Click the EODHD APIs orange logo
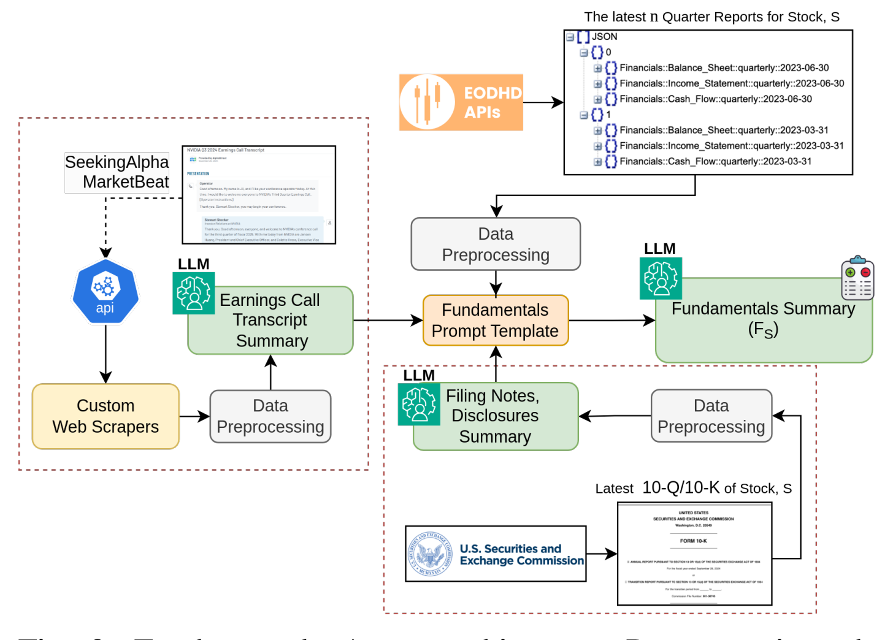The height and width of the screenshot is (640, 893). tap(461, 102)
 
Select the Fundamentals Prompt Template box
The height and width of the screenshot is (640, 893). tap(496, 321)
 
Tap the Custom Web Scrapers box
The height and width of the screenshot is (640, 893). tap(105, 416)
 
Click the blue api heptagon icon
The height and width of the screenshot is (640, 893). tap(105, 292)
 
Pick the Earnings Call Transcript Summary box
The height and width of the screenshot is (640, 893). tap(270, 321)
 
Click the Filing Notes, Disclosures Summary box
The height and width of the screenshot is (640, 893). tap(496, 416)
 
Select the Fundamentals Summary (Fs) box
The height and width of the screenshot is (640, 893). tap(764, 321)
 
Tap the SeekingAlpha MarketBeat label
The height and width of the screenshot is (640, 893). tap(117, 172)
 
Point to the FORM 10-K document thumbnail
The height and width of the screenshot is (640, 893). tap(694, 554)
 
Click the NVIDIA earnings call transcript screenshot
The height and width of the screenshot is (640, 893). tap(259, 195)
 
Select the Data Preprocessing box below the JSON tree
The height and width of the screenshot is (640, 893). tap(496, 244)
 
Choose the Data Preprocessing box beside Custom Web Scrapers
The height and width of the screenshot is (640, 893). tap(270, 416)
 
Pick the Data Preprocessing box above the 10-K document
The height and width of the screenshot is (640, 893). tap(711, 416)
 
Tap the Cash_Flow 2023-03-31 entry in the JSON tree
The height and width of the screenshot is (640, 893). tap(715, 162)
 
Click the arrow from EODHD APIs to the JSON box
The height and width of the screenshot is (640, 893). tap(543, 102)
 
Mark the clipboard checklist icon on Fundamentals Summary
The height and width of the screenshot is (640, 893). tap(857, 278)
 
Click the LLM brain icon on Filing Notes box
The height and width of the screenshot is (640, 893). tap(419, 405)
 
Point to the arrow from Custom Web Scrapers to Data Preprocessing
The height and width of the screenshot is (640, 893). tap(194, 417)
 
